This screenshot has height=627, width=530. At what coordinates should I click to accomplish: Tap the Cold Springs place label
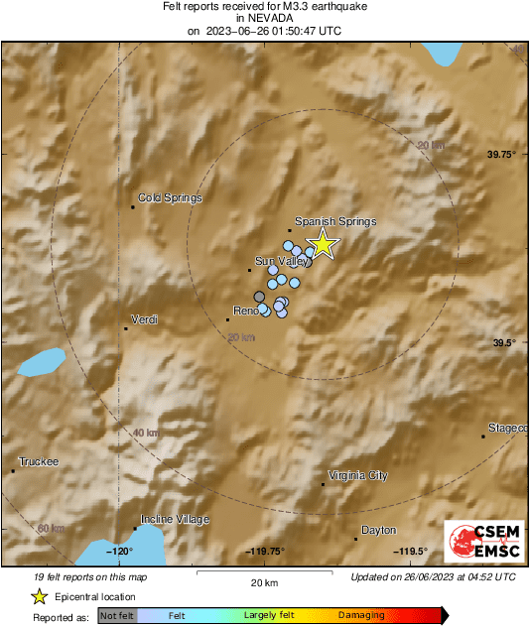[x=169, y=197]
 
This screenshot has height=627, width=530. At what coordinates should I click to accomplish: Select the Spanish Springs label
[x=335, y=222]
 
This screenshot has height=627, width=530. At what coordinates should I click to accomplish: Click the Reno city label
[x=246, y=311]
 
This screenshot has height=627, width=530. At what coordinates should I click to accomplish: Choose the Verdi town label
[x=147, y=318]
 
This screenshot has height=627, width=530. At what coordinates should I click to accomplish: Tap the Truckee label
[x=40, y=461]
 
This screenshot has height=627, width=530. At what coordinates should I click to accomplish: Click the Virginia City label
[x=357, y=475]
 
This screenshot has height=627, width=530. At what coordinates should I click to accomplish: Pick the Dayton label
[x=378, y=530]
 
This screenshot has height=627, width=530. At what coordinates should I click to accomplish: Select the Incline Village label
[x=176, y=519]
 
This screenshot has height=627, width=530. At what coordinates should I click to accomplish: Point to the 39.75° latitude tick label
[x=503, y=154]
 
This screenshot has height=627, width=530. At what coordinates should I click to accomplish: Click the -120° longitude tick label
[x=120, y=552]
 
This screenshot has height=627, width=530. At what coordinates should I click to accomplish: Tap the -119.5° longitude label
[x=410, y=552]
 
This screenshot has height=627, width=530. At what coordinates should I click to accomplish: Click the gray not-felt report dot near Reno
[x=260, y=297]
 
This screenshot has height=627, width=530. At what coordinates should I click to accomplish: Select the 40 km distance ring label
[x=145, y=433]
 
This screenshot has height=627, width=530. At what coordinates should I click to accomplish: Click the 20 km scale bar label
[x=263, y=581]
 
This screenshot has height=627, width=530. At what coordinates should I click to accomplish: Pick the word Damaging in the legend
[x=361, y=615]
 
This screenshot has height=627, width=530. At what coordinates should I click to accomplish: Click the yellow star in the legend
[x=40, y=597]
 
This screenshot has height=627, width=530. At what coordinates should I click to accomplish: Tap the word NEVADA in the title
[x=264, y=17]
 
